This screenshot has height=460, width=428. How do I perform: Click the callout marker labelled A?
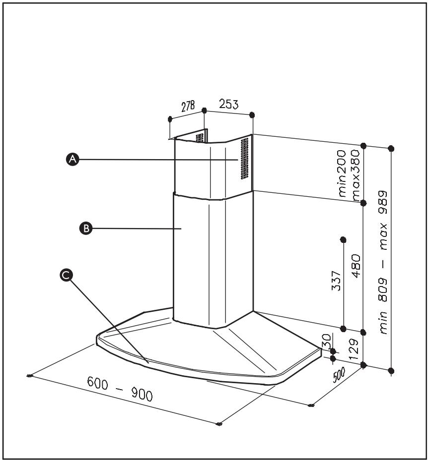click(x=72, y=159)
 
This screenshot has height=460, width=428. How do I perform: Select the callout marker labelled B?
click(x=85, y=228)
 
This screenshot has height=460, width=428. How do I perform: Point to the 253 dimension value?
click(x=229, y=105)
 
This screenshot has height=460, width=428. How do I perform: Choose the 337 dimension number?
click(x=336, y=281)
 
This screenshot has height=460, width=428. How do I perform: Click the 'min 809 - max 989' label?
click(x=384, y=263)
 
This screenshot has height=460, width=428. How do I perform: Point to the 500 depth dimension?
click(x=339, y=376)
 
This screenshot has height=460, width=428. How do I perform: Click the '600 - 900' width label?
click(x=120, y=389)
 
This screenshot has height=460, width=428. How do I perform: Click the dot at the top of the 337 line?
click(x=343, y=240)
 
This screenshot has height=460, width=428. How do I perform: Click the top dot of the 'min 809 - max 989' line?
click(x=391, y=148)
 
